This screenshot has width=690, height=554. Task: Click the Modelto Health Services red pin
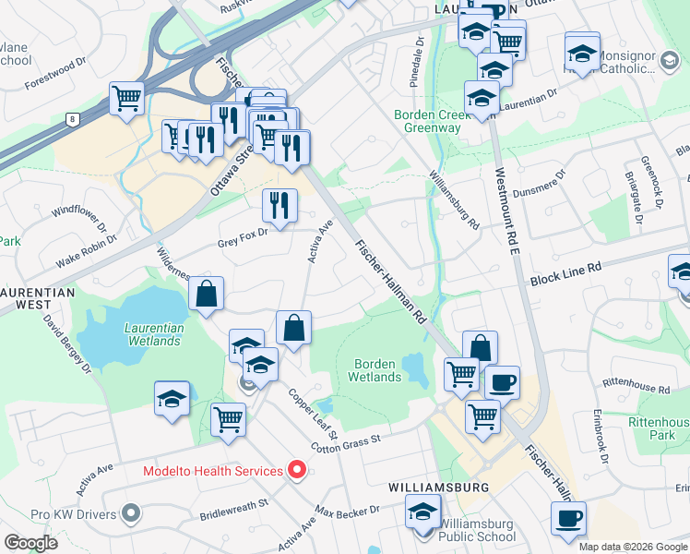click(x=296, y=471)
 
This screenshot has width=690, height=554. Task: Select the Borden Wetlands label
click(x=376, y=370)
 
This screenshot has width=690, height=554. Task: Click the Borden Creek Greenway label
click(x=427, y=121)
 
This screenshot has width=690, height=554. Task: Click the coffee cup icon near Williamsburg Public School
click(x=568, y=518)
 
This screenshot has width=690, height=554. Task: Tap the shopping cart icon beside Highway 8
click(x=126, y=98)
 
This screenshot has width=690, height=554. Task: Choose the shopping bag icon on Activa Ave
click(x=293, y=328)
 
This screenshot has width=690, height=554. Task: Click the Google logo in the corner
click(x=30, y=542)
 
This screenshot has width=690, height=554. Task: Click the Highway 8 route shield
click(x=71, y=118)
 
